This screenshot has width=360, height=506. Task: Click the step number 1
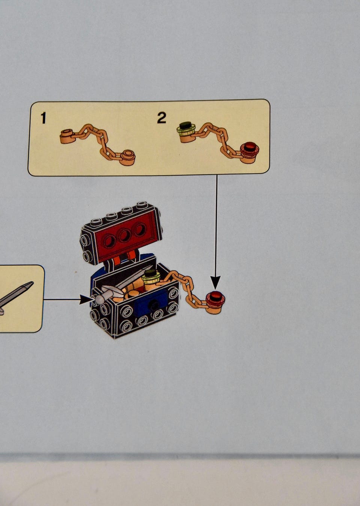43,118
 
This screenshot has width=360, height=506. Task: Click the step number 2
162,118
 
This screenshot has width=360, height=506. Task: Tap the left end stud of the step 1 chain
67,136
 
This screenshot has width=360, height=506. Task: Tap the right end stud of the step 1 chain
127,157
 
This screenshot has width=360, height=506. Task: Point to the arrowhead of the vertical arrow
216,282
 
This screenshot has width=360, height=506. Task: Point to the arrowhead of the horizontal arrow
86,300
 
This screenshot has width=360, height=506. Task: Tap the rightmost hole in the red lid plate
140,229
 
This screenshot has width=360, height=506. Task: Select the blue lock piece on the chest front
151,303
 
